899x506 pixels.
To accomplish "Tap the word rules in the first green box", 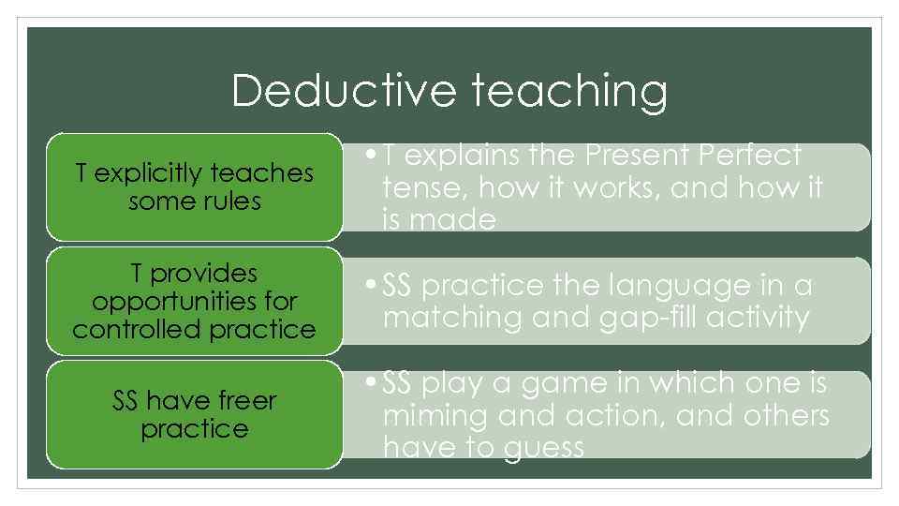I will click(x=235, y=201).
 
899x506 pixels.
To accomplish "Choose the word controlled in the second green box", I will click(x=128, y=330).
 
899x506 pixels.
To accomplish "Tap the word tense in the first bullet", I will click(x=421, y=187).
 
